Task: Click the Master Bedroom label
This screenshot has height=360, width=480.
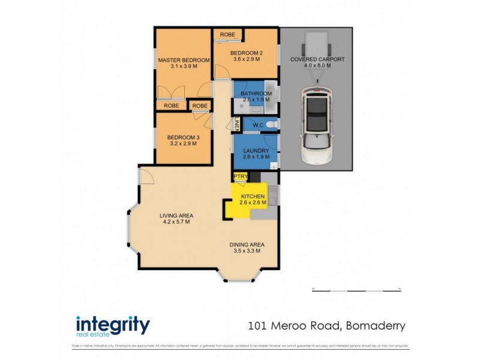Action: point(184,60)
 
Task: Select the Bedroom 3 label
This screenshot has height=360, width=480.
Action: point(183,137)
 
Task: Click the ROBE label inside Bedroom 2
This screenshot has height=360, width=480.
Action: point(227,35)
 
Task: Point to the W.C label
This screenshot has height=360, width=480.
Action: point(257,125)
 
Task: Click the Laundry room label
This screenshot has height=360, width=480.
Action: point(256,151)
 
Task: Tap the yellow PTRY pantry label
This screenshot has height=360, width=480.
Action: point(240,176)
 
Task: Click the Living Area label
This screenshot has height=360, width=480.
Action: point(176,215)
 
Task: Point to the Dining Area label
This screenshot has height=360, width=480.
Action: point(247,244)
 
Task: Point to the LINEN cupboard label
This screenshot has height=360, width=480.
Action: point(238,125)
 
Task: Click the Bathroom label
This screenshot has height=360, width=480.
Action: point(256,94)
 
